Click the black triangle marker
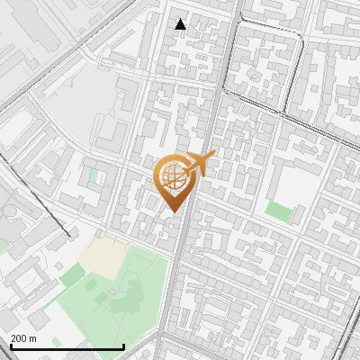tap(181, 24)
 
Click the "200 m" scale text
tap(22, 338)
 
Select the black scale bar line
tap(67, 347)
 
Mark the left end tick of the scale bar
tap(11, 346)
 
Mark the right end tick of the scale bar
tap(123, 346)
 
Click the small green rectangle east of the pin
tap(279, 212)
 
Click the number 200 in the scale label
tap(18, 338)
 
